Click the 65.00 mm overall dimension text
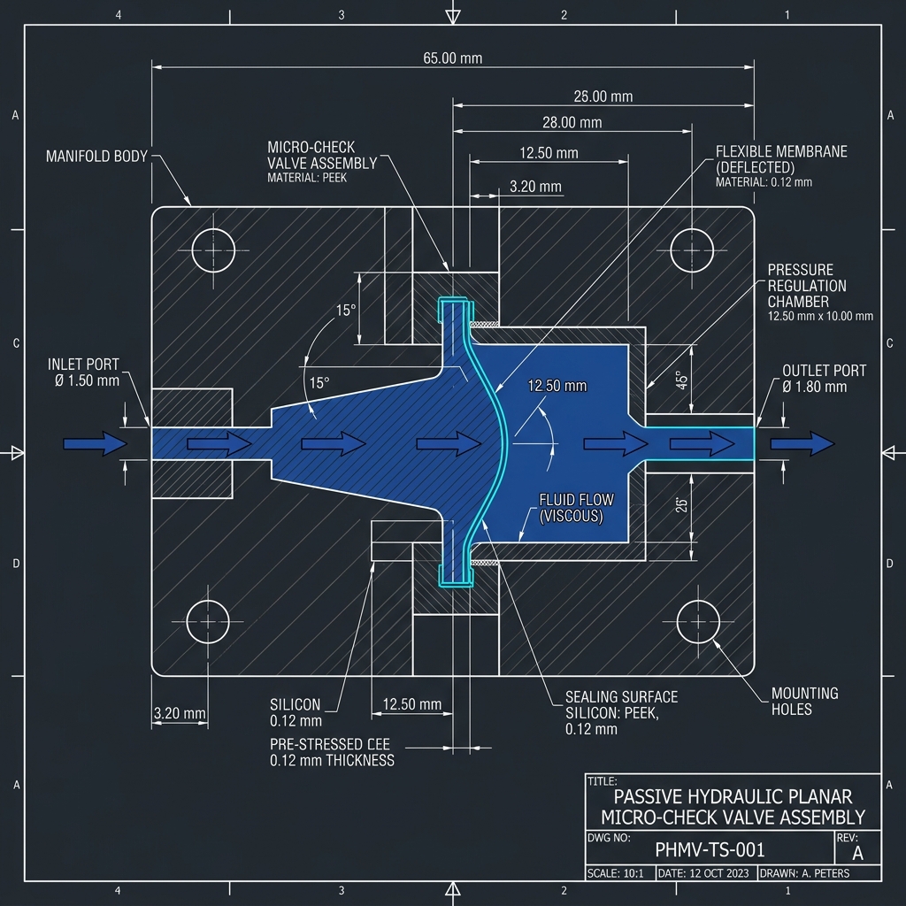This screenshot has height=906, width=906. click(452, 58)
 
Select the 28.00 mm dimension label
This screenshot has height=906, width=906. click(572, 123)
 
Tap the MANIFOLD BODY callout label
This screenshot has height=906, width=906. click(97, 157)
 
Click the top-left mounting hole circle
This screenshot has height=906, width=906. click(213, 250)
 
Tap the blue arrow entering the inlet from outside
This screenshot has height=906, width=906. click(96, 442)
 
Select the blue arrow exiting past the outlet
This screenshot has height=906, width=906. click(802, 442)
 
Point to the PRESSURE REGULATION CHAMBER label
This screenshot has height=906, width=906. click(806, 286)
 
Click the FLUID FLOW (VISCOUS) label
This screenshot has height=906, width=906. click(576, 508)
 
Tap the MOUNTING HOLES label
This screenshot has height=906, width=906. click(804, 701)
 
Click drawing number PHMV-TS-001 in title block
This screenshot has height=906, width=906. click(709, 850)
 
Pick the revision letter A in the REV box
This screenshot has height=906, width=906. click(856, 853)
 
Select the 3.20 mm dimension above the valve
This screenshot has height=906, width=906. click(536, 187)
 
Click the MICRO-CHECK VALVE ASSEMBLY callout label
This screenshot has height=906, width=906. click(322, 157)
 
